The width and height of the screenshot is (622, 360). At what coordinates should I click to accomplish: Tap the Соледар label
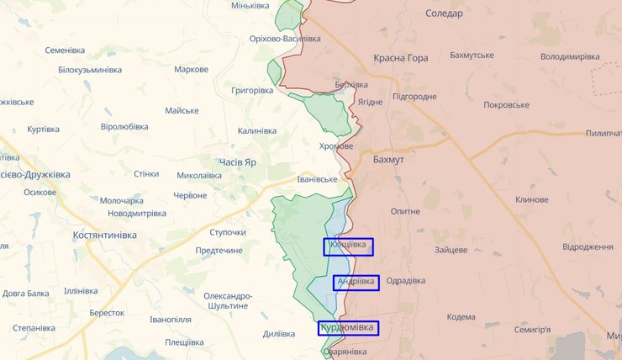coord(444,13)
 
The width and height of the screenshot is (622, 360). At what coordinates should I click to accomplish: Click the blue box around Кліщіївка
coord(348,246)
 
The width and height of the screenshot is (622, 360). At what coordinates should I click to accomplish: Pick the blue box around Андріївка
coord(356,283)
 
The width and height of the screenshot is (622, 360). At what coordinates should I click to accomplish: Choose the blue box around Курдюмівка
coord(348,328)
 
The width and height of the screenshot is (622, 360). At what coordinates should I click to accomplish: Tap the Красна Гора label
coord(400,59)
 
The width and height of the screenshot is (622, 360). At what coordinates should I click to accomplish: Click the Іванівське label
coord(317,179)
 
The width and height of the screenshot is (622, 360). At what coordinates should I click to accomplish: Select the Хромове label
coord(336,146)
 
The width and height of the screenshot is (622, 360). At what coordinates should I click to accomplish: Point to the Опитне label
coord(405,211)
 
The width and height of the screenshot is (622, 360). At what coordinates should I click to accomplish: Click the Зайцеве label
coord(451,250)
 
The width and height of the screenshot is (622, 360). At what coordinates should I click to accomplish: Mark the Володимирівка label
coord(569,56)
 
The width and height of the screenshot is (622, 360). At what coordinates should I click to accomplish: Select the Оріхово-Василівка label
coord(285,40)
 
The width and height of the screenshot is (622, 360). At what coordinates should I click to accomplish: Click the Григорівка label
coord(252,90)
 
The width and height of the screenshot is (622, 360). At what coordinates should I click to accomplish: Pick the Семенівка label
coord(72,50)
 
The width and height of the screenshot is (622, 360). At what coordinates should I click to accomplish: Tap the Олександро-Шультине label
coord(227,302)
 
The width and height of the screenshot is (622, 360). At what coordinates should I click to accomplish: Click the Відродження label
coord(588,247)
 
